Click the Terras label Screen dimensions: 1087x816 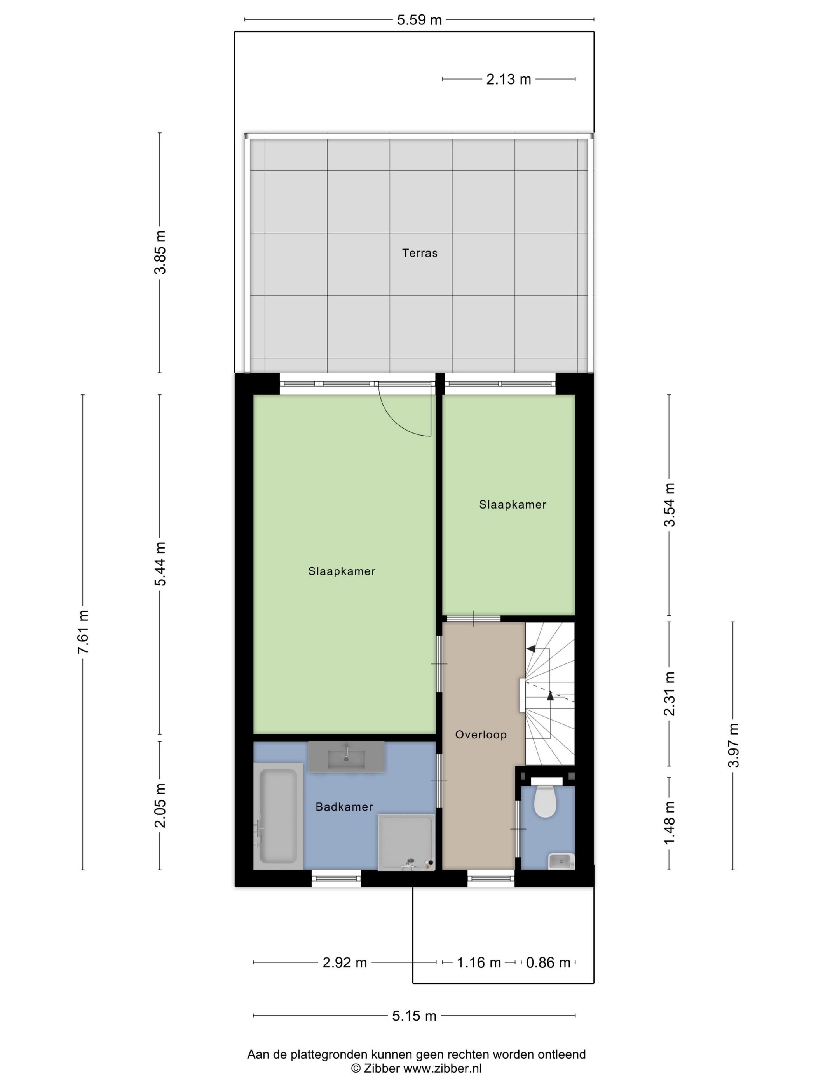420,253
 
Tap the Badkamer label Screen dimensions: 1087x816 344,807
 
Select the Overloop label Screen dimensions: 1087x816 481,735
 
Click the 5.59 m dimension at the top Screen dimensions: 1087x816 419,20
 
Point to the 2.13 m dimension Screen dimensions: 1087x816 509,80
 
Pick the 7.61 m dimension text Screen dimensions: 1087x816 83,632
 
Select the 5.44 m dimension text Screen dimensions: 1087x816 160,564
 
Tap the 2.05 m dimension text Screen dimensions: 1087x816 160,806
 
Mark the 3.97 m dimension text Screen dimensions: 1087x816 733,745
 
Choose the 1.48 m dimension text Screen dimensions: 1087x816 670,823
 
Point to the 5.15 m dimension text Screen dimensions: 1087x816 414,1016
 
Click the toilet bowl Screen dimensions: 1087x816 545,802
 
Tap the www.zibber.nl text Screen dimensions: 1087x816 443,1068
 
